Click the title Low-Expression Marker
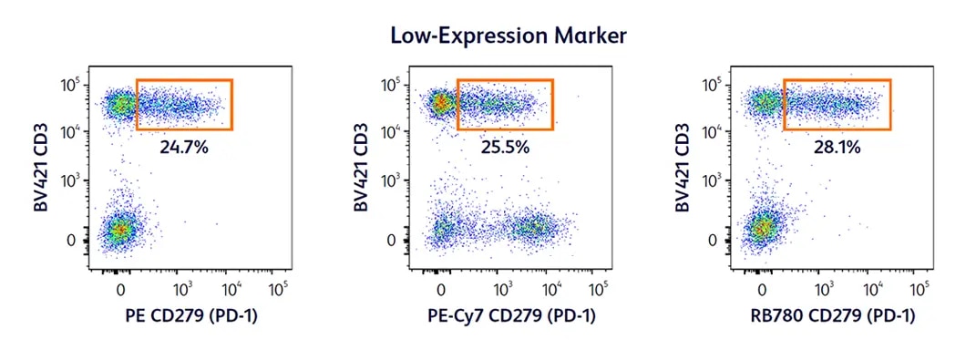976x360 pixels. (x=508, y=36)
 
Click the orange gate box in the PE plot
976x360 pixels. (x=185, y=105)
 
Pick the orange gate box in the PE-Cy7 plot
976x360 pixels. (x=505, y=105)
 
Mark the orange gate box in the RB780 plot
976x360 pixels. (x=837, y=105)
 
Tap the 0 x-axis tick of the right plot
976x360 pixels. (x=763, y=289)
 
